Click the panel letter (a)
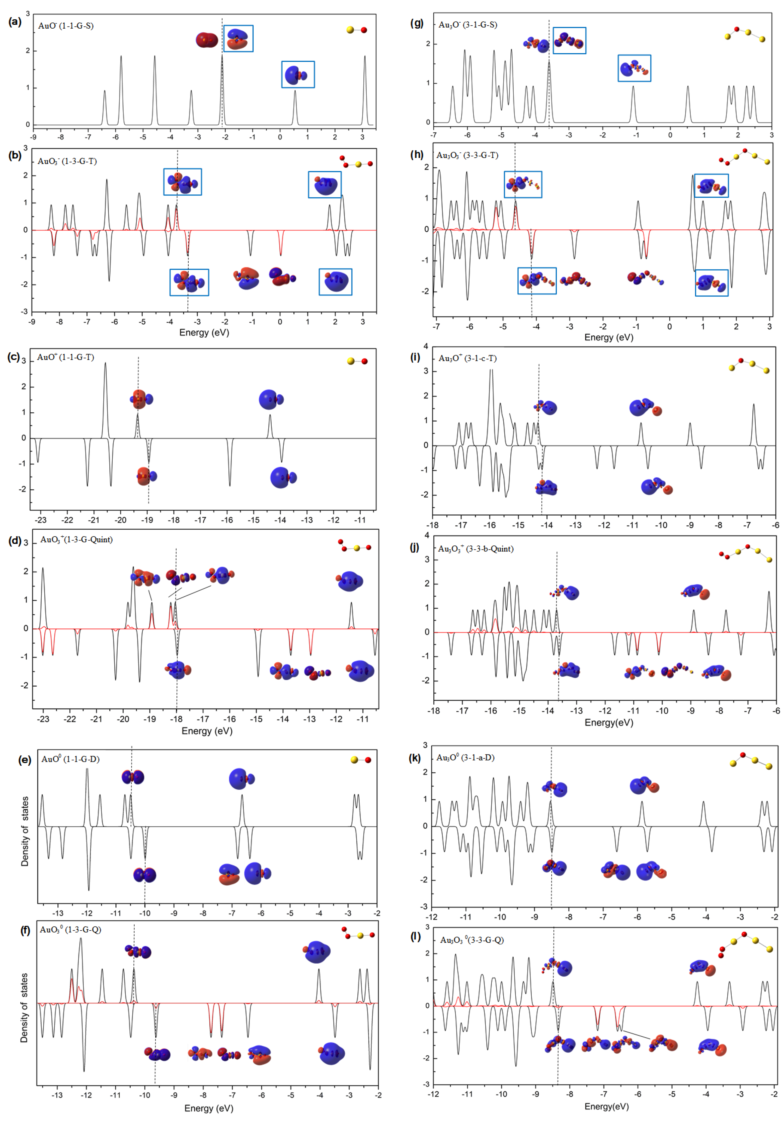coord(15,22)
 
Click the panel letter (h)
coord(417,155)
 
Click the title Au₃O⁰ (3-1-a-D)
coord(465,757)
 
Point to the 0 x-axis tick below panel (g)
coord(670,135)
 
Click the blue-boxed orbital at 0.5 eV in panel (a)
coord(298,74)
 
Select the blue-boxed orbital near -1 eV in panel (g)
coord(634,68)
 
